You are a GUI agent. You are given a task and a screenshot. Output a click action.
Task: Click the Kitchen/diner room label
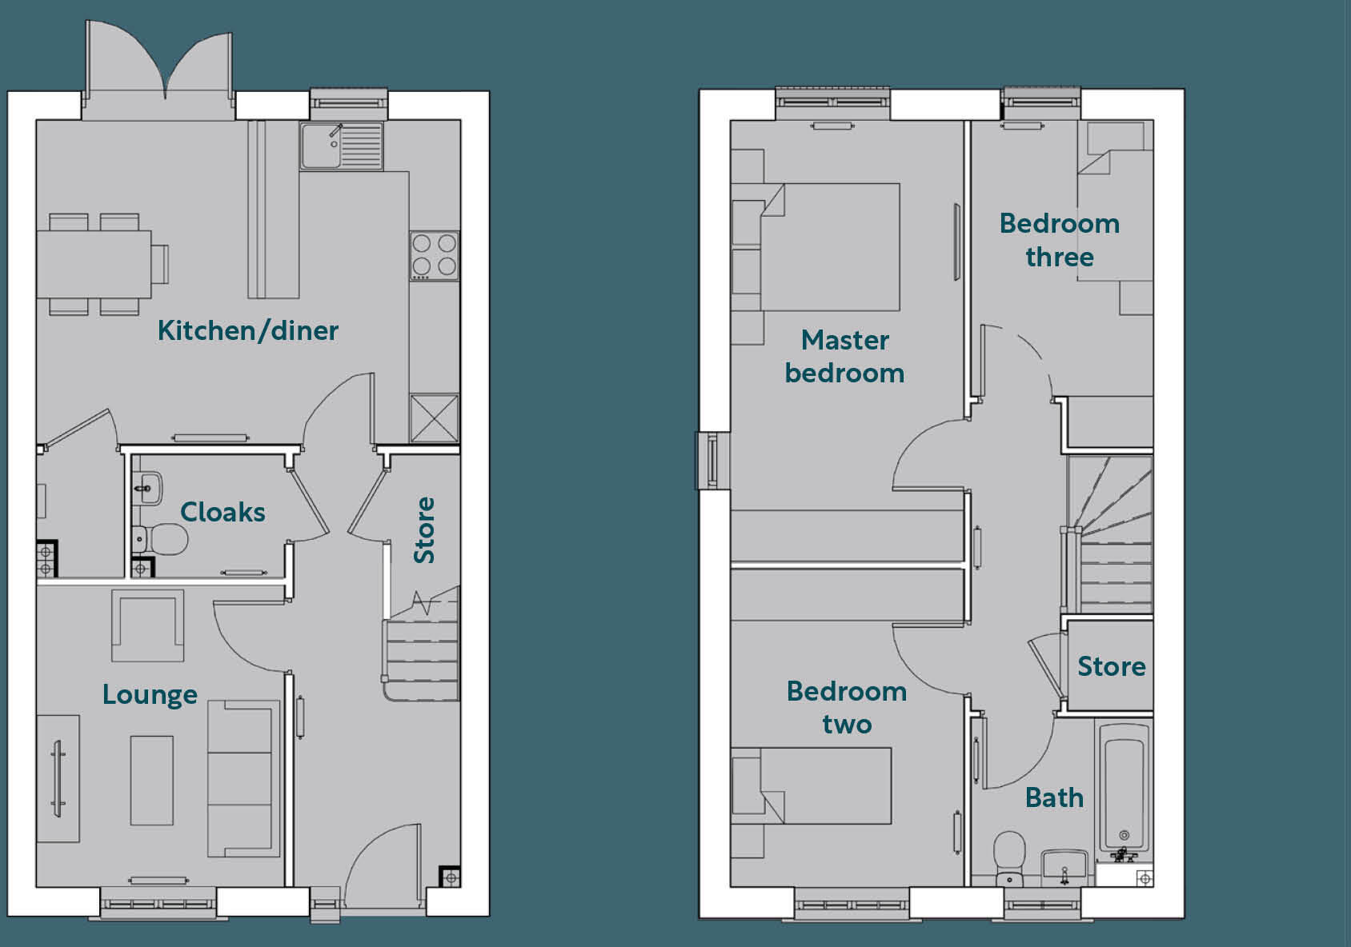(247, 330)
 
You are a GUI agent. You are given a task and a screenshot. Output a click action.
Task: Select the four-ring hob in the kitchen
(434, 255)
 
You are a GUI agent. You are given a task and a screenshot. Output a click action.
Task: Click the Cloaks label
(222, 512)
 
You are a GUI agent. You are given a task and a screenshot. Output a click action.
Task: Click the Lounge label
(150, 694)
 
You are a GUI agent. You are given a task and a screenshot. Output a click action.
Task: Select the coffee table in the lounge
(152, 781)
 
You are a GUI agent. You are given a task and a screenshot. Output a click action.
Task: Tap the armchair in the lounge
(147, 625)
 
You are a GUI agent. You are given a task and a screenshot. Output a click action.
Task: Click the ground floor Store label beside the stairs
(424, 530)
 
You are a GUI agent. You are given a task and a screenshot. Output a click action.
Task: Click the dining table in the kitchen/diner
(94, 264)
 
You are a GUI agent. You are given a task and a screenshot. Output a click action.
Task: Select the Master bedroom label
(844, 357)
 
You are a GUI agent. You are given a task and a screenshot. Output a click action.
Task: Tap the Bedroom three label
(1059, 240)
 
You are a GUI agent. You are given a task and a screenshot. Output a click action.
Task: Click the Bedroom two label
(846, 707)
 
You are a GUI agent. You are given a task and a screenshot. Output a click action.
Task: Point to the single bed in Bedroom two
(824, 785)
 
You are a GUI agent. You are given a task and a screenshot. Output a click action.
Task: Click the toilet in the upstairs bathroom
(1009, 852)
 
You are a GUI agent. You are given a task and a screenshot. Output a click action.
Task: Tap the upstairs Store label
(1111, 666)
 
